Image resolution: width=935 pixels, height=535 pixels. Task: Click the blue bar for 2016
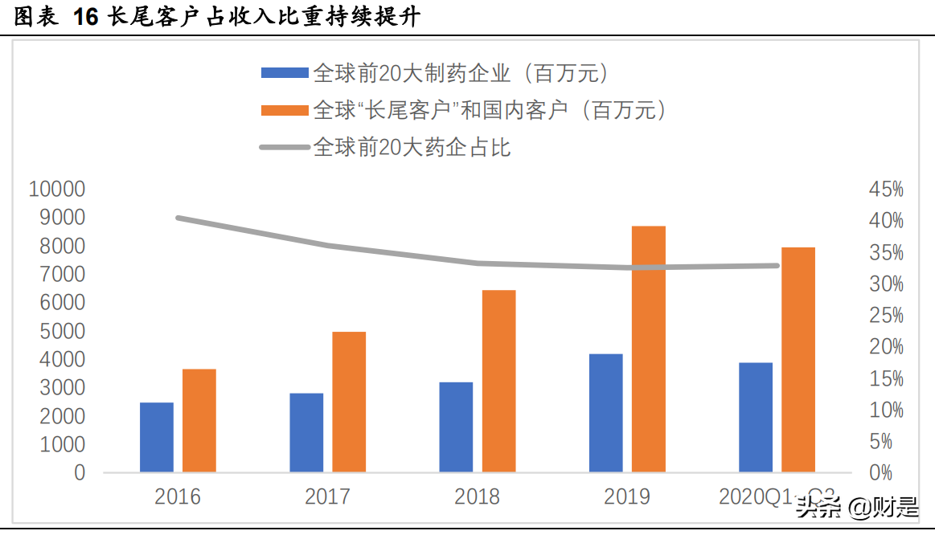tap(157, 437)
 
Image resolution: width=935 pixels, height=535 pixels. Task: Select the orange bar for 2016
tap(199, 420)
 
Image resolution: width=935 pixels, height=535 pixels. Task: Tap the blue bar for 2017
tap(306, 432)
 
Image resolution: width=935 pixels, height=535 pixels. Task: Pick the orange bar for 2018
tap(498, 381)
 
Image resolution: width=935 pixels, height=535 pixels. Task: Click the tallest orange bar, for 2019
tap(649, 349)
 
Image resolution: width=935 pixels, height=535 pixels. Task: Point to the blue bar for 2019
tap(606, 413)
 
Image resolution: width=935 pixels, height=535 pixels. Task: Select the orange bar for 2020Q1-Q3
tap(798, 359)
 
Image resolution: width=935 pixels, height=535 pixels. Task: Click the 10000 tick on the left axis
tap(56, 190)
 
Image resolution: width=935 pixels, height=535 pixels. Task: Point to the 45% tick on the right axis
tap(886, 190)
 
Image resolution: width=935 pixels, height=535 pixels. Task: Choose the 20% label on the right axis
tap(886, 347)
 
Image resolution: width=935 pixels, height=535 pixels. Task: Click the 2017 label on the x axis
tap(327, 496)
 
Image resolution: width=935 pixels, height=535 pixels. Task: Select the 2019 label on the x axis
tap(627, 496)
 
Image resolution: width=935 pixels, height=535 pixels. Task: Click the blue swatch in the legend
tap(285, 74)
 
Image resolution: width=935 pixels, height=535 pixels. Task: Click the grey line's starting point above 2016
tap(178, 218)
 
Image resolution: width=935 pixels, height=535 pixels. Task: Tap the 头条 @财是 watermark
tap(857, 507)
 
